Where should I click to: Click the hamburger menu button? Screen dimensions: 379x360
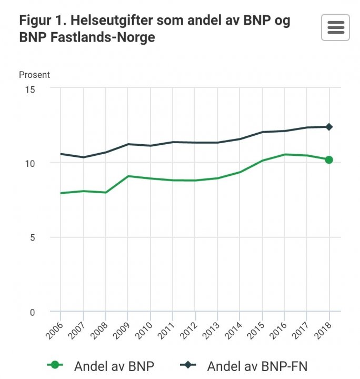coord(335,27)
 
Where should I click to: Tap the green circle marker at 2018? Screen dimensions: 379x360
coord(329,159)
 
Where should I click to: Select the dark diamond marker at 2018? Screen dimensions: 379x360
coord(329,127)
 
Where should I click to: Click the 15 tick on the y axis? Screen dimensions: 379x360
coord(29,89)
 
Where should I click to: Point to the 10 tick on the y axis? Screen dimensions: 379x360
coord(29,163)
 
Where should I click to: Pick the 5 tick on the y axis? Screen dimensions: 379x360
coord(32,237)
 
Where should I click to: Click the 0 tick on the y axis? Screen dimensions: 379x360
coord(32,312)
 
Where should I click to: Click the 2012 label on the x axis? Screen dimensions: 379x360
coord(189,330)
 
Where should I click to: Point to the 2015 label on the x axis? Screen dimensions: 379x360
coord(256,330)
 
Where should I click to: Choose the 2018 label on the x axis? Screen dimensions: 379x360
coord(323,330)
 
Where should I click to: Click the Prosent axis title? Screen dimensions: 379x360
coord(34,75)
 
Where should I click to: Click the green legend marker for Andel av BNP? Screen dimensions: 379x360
coord(55,365)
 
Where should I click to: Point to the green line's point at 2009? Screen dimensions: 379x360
coord(128,176)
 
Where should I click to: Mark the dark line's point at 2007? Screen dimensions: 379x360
coord(83,157)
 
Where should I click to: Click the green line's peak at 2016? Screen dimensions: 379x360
coord(285,154)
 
